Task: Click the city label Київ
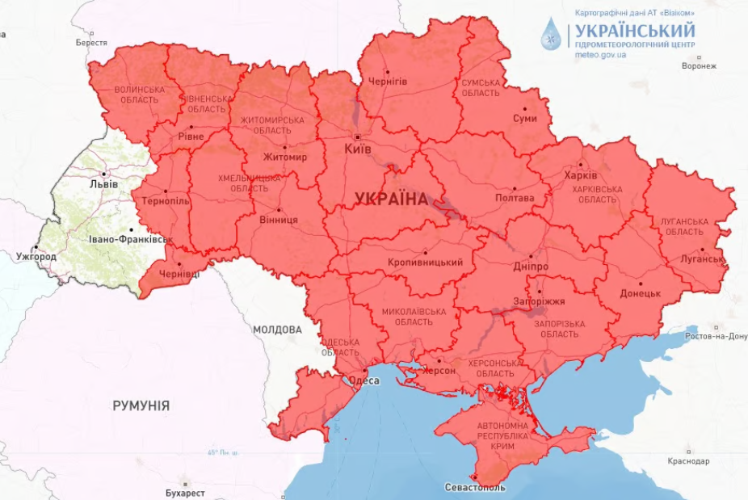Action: [x=357, y=149]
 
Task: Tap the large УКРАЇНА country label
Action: [x=391, y=200]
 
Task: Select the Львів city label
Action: [x=103, y=184]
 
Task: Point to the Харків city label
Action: [x=581, y=175]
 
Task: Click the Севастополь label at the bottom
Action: [x=475, y=488]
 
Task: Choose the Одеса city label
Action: [x=363, y=381]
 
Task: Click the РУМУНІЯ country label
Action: [x=141, y=405]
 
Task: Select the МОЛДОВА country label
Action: [x=277, y=330]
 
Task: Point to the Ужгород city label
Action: [x=36, y=257]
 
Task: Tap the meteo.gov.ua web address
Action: [x=601, y=56]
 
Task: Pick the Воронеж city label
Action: [x=699, y=66]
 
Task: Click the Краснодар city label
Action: [x=689, y=461]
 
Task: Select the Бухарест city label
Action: [x=185, y=493]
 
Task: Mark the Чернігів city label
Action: [x=388, y=82]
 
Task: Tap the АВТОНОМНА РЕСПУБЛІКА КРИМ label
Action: [x=502, y=435]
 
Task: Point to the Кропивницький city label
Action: [x=425, y=263]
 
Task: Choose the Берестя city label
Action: [x=91, y=42]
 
